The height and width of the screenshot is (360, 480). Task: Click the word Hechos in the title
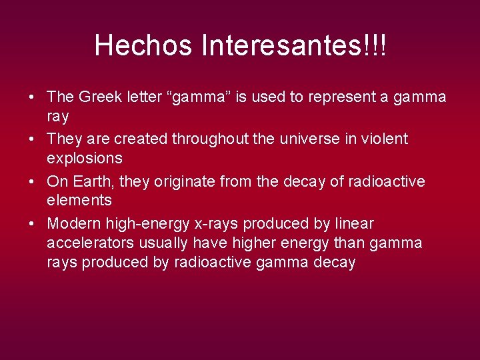pos(134,46)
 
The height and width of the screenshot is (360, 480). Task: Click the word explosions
pos(85,158)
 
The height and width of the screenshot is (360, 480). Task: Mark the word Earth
pos(92,182)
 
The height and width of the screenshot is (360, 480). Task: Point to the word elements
pos(79,200)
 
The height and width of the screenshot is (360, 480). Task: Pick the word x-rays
pos(220,224)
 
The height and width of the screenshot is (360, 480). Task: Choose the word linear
pos(355,224)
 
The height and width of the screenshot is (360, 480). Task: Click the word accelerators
pos(89,243)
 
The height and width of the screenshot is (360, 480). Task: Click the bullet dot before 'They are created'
pos(32,139)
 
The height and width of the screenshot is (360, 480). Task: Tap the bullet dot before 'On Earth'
pos(32,182)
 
